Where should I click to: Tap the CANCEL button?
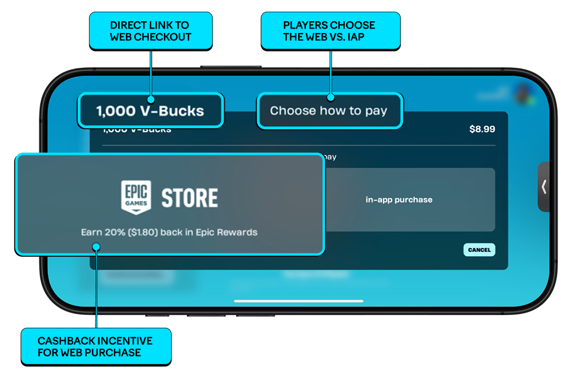(479, 250)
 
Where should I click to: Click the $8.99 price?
(482, 129)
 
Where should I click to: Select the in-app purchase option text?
(399, 200)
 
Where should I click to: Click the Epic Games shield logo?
(136, 196)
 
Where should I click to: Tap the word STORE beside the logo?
(190, 198)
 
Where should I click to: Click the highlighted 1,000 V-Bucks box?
(150, 111)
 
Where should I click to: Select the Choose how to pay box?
(329, 111)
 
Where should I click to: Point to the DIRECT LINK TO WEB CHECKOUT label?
(150, 31)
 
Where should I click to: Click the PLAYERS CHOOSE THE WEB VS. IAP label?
(330, 31)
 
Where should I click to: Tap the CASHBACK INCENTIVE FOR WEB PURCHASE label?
(96, 346)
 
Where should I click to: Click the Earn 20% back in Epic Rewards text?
(169, 232)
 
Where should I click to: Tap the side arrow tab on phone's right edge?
(544, 186)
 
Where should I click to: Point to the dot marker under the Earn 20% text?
(96, 246)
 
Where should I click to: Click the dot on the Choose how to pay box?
(331, 96)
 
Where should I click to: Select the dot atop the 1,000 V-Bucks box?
(150, 96)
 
